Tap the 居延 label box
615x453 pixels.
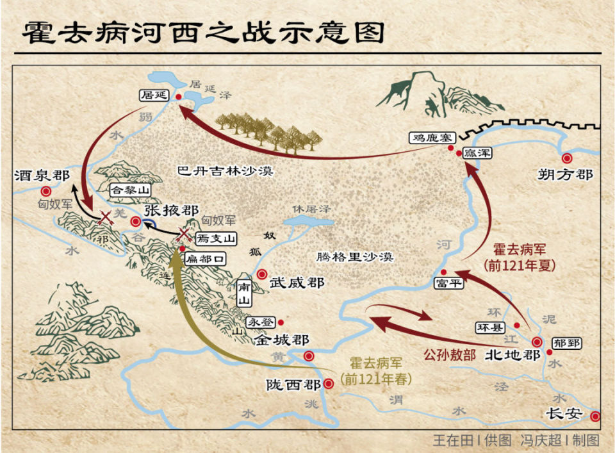pos(154,95)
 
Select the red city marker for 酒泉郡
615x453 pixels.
pos(46,191)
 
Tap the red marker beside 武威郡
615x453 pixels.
pos(261,274)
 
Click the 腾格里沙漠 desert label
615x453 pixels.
pos(354,257)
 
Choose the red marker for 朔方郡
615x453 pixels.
pos(566,158)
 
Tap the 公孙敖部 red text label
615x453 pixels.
pos(450,354)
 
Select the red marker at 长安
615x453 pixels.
pos(595,416)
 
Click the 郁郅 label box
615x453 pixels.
pos(567,343)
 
